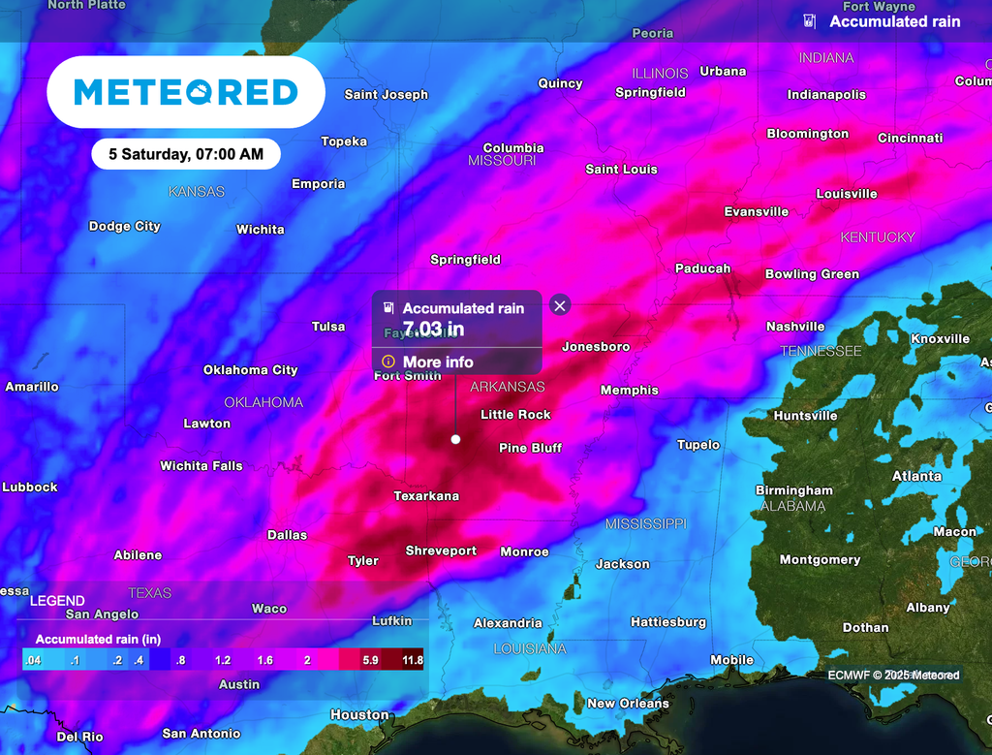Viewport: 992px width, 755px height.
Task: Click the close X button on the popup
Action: [559, 305]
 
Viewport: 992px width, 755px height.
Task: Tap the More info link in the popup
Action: [438, 362]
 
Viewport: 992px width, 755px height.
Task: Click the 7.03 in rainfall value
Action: [433, 329]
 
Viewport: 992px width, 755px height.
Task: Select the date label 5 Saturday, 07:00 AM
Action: [186, 154]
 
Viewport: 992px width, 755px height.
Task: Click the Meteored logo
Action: [186, 92]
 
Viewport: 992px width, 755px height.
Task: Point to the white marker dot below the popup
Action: [455, 439]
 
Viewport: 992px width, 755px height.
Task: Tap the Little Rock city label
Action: [515, 415]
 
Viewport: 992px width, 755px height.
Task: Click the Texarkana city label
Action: [426, 496]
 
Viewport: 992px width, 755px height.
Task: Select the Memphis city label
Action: [629, 391]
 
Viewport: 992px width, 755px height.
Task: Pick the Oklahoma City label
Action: [250, 370]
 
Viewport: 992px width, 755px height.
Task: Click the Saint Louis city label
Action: [621, 170]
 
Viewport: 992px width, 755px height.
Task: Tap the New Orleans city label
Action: [628, 704]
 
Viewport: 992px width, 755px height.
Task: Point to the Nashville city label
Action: [795, 327]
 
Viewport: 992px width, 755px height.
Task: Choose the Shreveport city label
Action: [441, 551]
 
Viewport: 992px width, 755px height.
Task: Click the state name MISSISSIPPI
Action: [645, 524]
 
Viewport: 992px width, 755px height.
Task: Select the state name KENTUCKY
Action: [877, 237]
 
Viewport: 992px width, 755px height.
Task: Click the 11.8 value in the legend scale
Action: [412, 660]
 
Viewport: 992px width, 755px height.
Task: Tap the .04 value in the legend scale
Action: [33, 660]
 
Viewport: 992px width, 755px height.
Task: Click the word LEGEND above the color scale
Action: [57, 601]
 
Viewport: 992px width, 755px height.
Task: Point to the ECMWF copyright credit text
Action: [893, 675]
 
